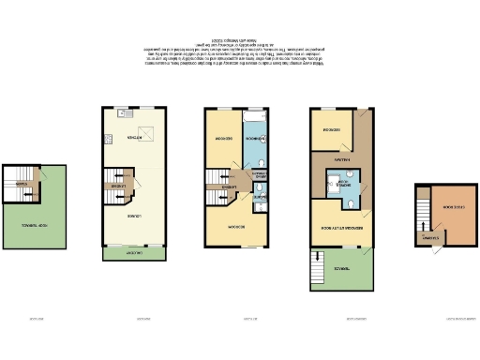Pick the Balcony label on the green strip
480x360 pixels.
(134, 252)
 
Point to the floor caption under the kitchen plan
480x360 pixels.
(144, 318)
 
